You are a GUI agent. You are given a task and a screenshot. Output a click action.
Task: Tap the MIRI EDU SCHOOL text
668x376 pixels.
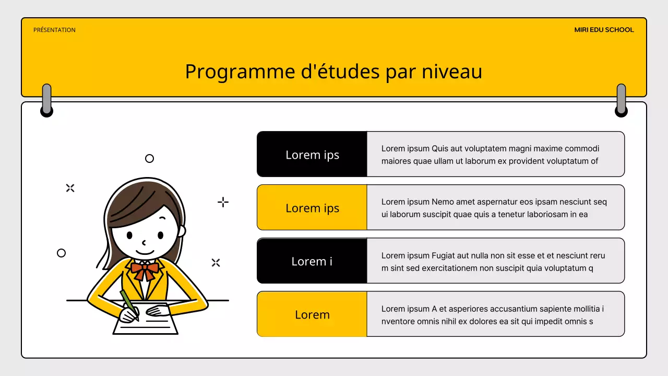[x=604, y=30]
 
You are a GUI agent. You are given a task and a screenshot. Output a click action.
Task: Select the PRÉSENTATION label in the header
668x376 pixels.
[x=54, y=30]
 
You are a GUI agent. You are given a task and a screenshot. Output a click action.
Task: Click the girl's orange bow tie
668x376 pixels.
[x=145, y=269]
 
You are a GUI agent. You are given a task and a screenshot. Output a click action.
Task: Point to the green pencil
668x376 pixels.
[x=128, y=303]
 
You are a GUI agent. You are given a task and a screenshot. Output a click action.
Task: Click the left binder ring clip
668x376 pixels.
[x=47, y=99]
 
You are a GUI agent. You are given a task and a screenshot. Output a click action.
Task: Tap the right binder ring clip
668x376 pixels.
[x=621, y=99]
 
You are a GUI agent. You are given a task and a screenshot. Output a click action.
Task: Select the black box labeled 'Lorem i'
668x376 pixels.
[x=312, y=261]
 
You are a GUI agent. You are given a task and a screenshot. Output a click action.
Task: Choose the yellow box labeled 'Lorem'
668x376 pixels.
[x=312, y=314]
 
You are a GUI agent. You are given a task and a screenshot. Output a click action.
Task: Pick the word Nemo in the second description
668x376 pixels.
[x=442, y=202]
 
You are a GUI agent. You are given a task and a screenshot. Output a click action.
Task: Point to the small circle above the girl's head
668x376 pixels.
[x=149, y=158]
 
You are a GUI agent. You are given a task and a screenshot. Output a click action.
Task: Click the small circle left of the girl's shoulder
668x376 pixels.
[x=61, y=253]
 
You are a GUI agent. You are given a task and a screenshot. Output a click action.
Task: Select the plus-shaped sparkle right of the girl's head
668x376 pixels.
[x=223, y=202]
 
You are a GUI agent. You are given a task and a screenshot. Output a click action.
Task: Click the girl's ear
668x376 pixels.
[x=182, y=230]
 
